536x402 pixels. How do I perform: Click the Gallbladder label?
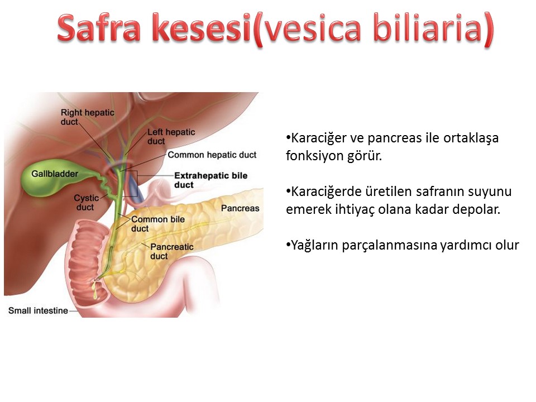click(55, 174)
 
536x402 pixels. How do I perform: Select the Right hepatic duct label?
click(88, 117)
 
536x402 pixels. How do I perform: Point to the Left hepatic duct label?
click(171, 136)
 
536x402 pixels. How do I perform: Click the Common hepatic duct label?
click(212, 155)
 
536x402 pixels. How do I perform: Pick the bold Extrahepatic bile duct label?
click(211, 180)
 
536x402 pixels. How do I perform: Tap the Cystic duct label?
click(86, 202)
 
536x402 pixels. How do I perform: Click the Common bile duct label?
click(158, 224)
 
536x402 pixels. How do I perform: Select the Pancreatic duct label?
click(172, 251)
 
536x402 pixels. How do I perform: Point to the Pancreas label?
click(240, 208)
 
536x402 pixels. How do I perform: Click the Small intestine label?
click(38, 310)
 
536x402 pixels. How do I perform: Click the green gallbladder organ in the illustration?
click(51, 178)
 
